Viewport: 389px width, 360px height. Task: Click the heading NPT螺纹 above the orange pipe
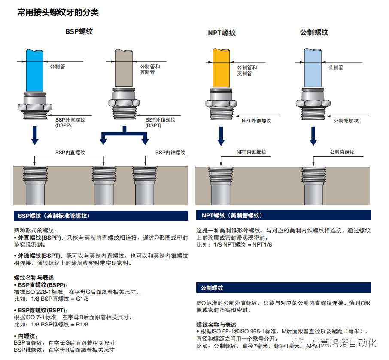click(x=222, y=33)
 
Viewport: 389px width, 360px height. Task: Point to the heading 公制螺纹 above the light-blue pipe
click(x=314, y=32)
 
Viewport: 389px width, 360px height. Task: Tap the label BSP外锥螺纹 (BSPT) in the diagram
click(x=160, y=122)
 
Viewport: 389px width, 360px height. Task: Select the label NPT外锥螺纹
click(x=256, y=121)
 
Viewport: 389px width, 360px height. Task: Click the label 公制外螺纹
click(x=346, y=121)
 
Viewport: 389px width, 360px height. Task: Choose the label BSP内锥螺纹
click(x=170, y=153)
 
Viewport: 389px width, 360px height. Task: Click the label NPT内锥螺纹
click(x=251, y=152)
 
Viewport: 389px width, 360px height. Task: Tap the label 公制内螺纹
click(x=342, y=152)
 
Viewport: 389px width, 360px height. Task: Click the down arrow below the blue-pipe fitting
click(x=35, y=136)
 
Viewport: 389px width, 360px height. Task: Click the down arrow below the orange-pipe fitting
click(x=221, y=136)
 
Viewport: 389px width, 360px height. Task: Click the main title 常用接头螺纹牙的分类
click(x=58, y=12)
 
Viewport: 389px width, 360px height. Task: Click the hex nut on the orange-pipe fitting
click(x=221, y=104)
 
